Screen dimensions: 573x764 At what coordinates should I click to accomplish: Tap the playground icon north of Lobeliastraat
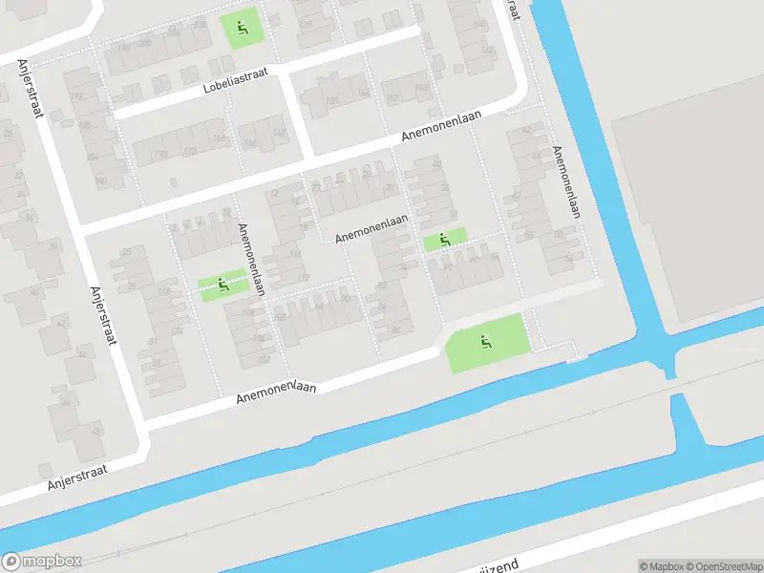point(241,28)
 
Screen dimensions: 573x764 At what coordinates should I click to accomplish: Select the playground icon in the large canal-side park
point(486,341)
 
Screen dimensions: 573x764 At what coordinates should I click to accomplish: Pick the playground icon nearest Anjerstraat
point(223,284)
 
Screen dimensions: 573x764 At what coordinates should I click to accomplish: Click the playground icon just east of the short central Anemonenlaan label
point(445,239)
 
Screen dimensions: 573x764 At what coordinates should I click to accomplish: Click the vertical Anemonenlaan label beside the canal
point(565,181)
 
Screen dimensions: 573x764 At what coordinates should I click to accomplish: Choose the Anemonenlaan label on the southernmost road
point(276,391)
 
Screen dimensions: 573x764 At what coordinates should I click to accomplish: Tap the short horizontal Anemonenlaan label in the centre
point(371,227)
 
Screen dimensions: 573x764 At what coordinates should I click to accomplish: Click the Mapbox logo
point(42,562)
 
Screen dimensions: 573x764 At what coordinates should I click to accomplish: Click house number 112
point(304,277)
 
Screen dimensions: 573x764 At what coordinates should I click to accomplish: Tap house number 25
point(126,252)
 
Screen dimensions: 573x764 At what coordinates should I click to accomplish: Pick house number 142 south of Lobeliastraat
point(280,134)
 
